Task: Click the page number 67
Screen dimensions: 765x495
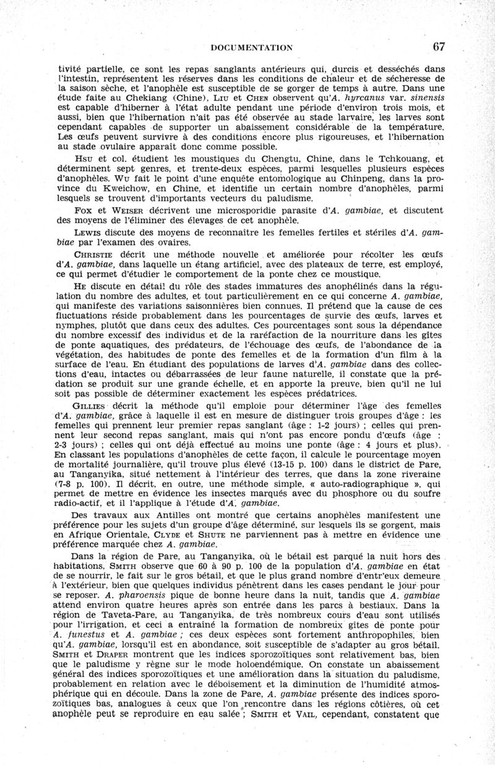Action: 439,46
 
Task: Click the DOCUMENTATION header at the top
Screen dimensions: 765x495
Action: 251,48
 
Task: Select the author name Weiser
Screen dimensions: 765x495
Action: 121,210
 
